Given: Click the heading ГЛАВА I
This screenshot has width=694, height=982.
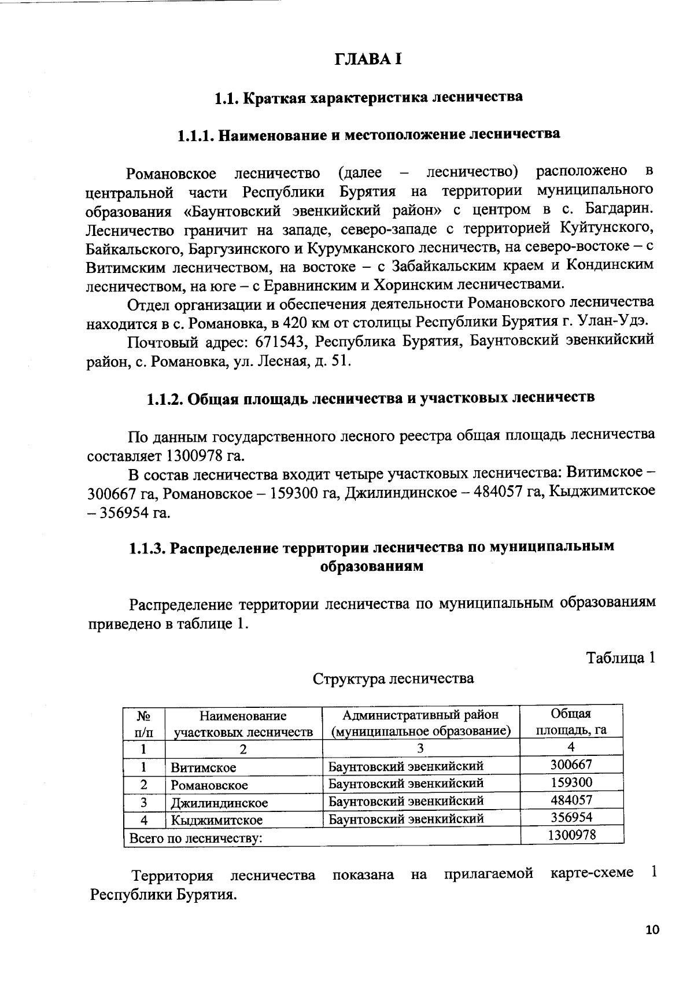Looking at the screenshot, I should pos(368,60).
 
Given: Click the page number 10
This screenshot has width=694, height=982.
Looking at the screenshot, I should pos(652,929).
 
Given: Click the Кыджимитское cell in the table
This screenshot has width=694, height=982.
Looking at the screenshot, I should pos(216,820).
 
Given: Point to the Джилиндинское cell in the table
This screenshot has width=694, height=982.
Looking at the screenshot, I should pos(219,803).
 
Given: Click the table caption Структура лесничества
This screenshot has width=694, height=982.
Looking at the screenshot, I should pos(393,678).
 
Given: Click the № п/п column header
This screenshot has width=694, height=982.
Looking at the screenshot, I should pos(144,723).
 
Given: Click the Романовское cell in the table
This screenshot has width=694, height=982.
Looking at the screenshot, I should pos(209,785).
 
